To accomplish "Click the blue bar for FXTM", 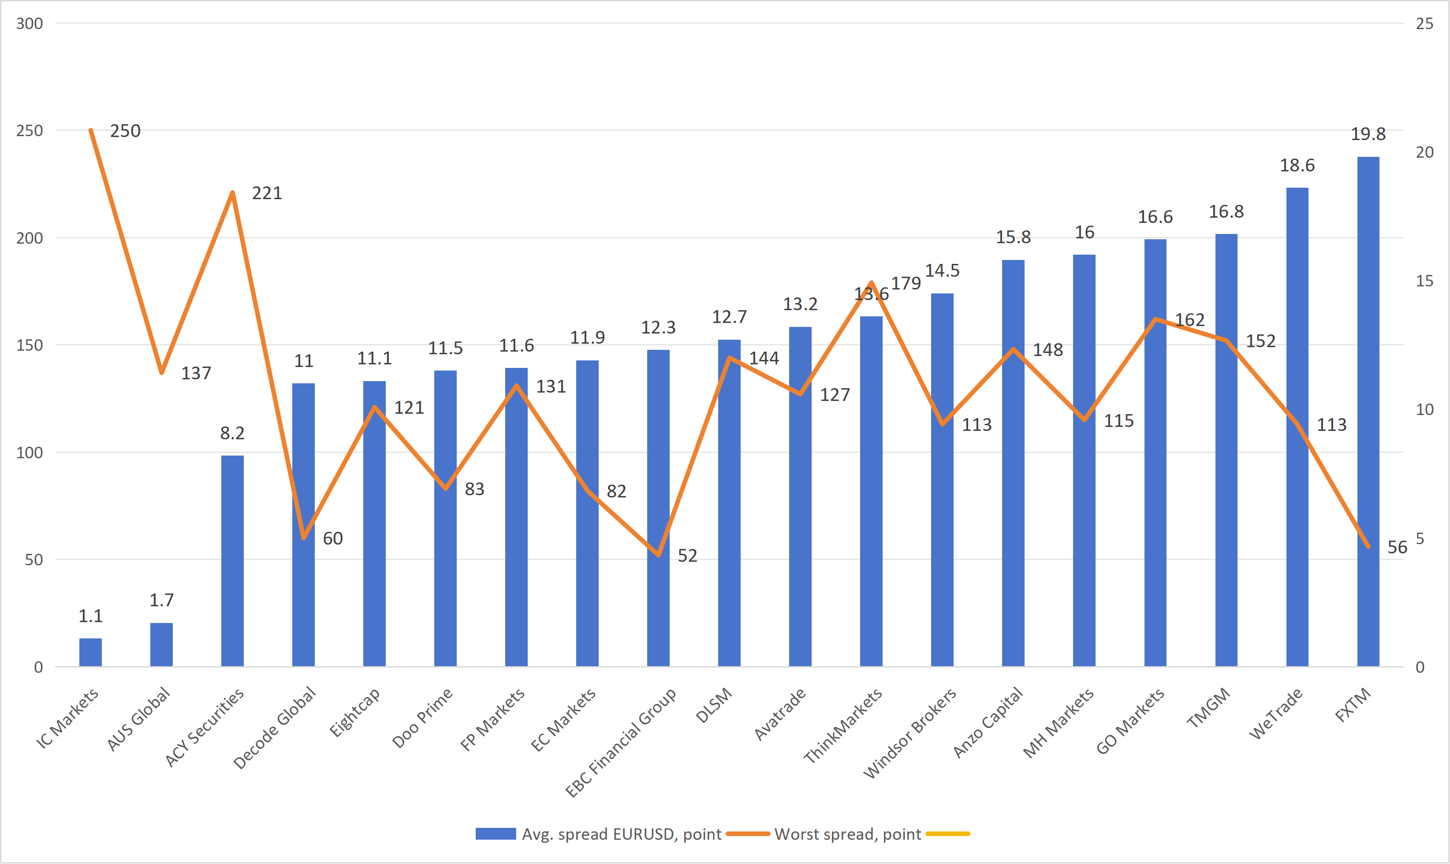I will pyautogui.click(x=1368, y=408).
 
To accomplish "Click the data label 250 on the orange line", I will pyautogui.click(x=125, y=131).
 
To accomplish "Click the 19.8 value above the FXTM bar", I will pyautogui.click(x=1368, y=134).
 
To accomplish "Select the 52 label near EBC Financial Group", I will pyautogui.click(x=687, y=556).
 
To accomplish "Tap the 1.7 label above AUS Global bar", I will pyautogui.click(x=161, y=600).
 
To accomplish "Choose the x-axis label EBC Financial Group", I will pyautogui.click(x=621, y=742).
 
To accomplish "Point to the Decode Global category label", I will pyautogui.click(x=275, y=728).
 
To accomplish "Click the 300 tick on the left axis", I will pyautogui.click(x=29, y=23).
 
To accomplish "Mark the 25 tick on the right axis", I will pyautogui.click(x=1424, y=23).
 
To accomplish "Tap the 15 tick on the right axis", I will pyautogui.click(x=1424, y=281).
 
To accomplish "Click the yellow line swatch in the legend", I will pyautogui.click(x=947, y=834).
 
